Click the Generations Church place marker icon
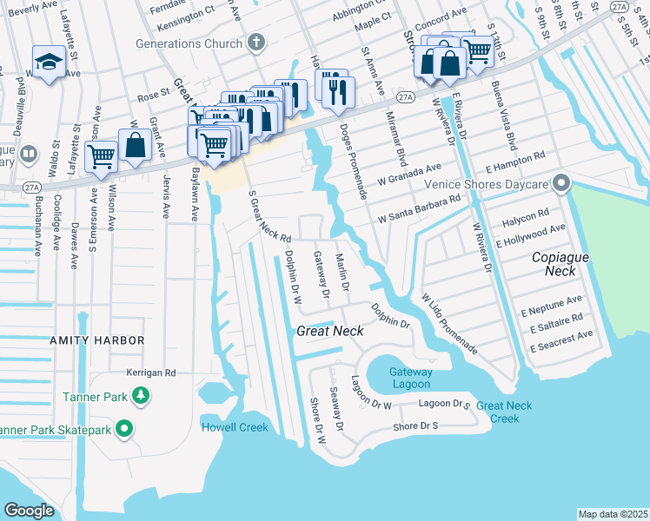coord(255,42)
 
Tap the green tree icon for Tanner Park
coord(140,397)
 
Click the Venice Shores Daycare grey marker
coord(561,183)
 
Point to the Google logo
coord(30,510)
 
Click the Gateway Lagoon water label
coord(410,379)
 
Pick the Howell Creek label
coord(235,427)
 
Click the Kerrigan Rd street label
coord(151,372)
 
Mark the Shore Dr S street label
coord(415,426)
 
